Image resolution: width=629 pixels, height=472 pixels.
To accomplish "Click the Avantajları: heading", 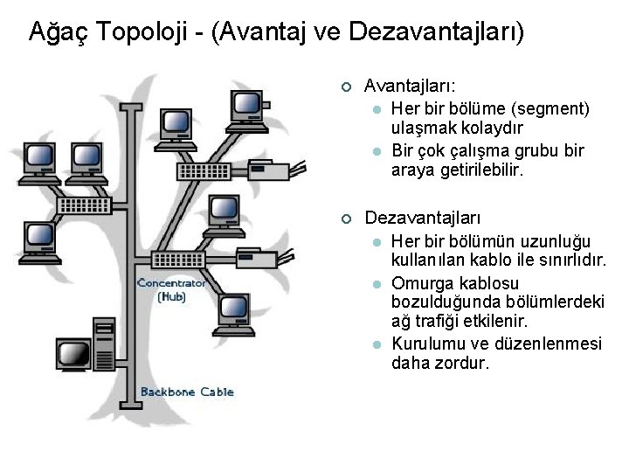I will pyautogui.click(x=414, y=87).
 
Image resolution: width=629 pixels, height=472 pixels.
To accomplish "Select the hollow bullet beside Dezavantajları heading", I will pyautogui.click(x=346, y=216).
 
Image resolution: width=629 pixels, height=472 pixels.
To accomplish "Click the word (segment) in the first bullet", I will pyautogui.click(x=550, y=108).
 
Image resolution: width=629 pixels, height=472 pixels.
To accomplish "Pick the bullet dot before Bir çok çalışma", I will pyautogui.click(x=376, y=151).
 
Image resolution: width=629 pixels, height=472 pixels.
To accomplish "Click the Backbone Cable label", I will pyautogui.click(x=187, y=392).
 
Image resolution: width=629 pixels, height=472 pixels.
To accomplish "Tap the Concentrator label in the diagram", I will pyautogui.click(x=172, y=283).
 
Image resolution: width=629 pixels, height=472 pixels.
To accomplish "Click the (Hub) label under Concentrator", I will pyautogui.click(x=172, y=297).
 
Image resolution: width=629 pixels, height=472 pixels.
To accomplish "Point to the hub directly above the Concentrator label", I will pyautogui.click(x=177, y=260).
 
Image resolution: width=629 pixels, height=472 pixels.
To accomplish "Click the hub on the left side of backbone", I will pyautogui.click(x=84, y=205).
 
